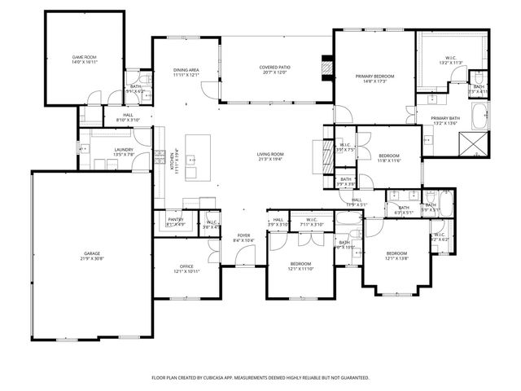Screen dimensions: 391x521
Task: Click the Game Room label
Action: (x=84, y=59)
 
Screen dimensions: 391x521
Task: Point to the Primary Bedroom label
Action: (x=374, y=79)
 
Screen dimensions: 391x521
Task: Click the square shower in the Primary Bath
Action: (x=473, y=145)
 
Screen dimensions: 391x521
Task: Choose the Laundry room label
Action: (x=101, y=152)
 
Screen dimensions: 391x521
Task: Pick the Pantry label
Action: (x=176, y=221)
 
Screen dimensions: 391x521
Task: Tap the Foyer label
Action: (x=244, y=238)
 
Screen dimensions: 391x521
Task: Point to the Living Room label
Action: (x=270, y=156)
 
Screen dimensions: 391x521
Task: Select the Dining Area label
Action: (x=186, y=72)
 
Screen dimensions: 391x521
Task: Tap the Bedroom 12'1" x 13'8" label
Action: (x=396, y=256)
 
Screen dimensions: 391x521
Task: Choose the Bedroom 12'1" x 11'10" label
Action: (x=300, y=266)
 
